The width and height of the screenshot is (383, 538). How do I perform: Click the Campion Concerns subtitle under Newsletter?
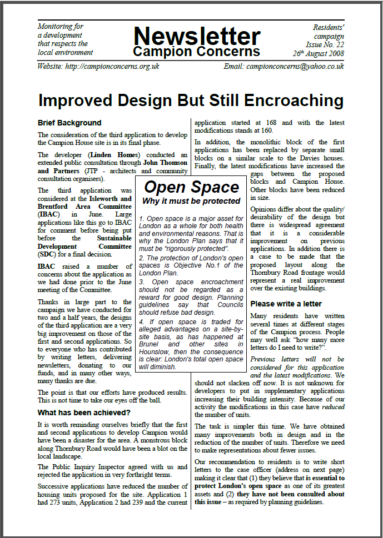(x=196, y=52)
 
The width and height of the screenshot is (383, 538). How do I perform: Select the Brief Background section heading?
(x=69, y=123)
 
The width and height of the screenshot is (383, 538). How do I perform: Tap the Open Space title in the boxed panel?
(x=191, y=187)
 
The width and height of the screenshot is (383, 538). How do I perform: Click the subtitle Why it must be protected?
(x=191, y=200)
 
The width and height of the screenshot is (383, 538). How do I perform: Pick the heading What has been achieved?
(x=84, y=413)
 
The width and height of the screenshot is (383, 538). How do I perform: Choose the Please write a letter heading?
(x=286, y=304)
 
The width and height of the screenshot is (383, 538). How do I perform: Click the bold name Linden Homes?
(x=112, y=154)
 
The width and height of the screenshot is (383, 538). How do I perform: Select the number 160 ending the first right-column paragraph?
(x=266, y=131)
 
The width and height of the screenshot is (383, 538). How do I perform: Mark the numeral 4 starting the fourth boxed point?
(x=142, y=321)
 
